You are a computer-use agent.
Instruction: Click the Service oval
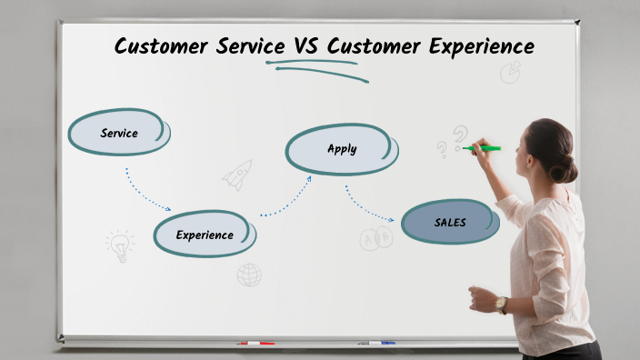(x=119, y=133)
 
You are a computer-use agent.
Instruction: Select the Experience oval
(x=205, y=235)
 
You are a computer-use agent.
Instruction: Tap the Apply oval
(x=342, y=149)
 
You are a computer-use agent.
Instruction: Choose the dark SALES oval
(x=450, y=222)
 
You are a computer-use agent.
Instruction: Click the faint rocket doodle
(x=238, y=174)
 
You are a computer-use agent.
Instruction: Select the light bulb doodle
(x=119, y=245)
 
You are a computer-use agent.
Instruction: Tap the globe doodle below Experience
(x=249, y=275)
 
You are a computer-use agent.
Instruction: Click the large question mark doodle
(x=461, y=137)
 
